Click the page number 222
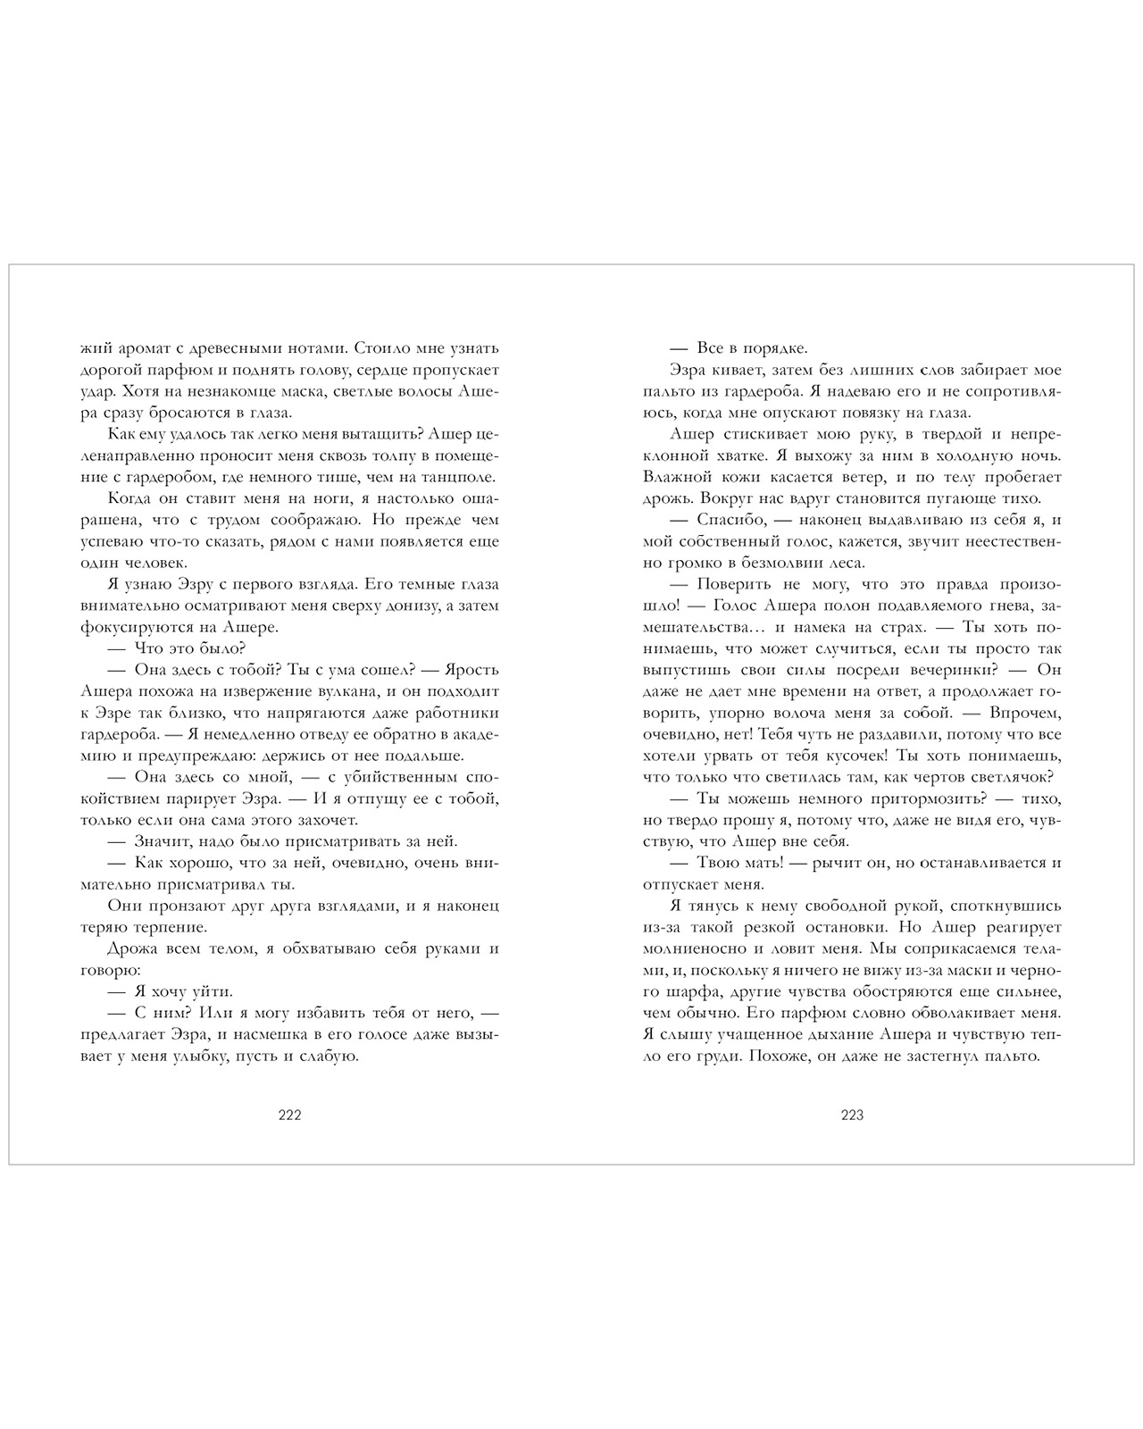(x=290, y=1115)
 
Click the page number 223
(x=853, y=1115)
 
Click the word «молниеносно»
(x=697, y=948)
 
